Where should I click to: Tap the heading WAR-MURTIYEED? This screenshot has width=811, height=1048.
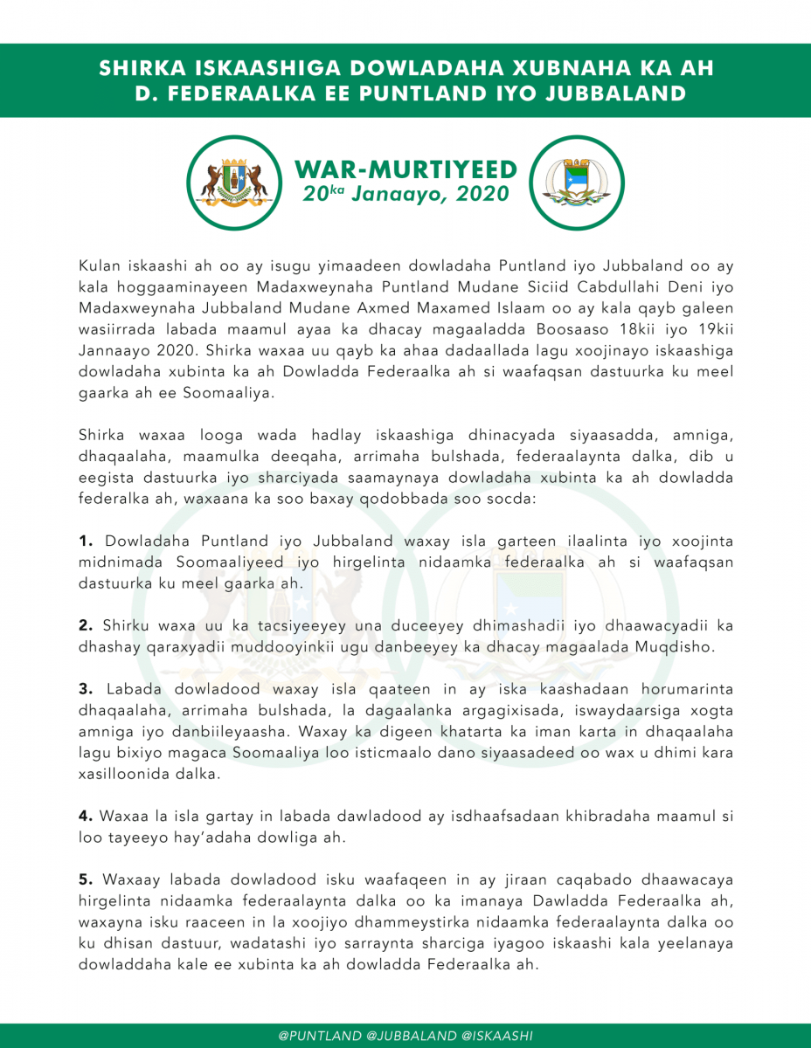pyautogui.click(x=405, y=169)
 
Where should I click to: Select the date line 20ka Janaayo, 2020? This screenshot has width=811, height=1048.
pyautogui.click(x=405, y=193)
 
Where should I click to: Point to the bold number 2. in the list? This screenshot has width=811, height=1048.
pyautogui.click(x=87, y=624)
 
